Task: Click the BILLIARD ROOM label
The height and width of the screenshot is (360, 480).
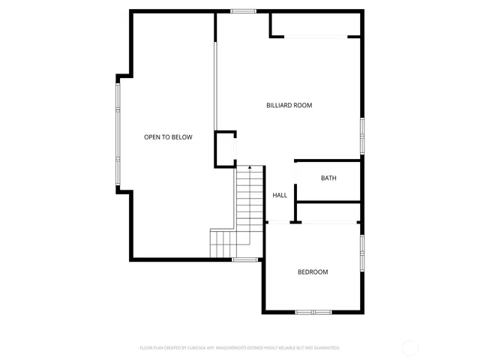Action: coord(289,106)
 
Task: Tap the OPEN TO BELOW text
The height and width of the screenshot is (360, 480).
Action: coord(168,137)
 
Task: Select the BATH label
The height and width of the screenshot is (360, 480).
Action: coord(328,178)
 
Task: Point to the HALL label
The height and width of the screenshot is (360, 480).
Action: coord(280,196)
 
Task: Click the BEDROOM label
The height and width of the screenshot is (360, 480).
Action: coord(313,272)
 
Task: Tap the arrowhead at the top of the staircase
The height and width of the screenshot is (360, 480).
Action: coord(250,169)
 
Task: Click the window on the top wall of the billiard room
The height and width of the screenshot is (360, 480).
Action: coord(243,11)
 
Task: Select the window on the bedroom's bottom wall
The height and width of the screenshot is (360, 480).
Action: coord(313,311)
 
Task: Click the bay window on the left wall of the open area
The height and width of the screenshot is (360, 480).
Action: coord(117,133)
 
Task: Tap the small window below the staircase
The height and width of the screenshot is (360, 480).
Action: coord(244,259)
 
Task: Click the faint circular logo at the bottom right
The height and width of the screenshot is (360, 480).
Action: coord(410,347)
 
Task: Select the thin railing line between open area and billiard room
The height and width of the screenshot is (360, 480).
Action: coord(216,82)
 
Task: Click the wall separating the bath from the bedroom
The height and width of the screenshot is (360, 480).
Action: coord(328,202)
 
